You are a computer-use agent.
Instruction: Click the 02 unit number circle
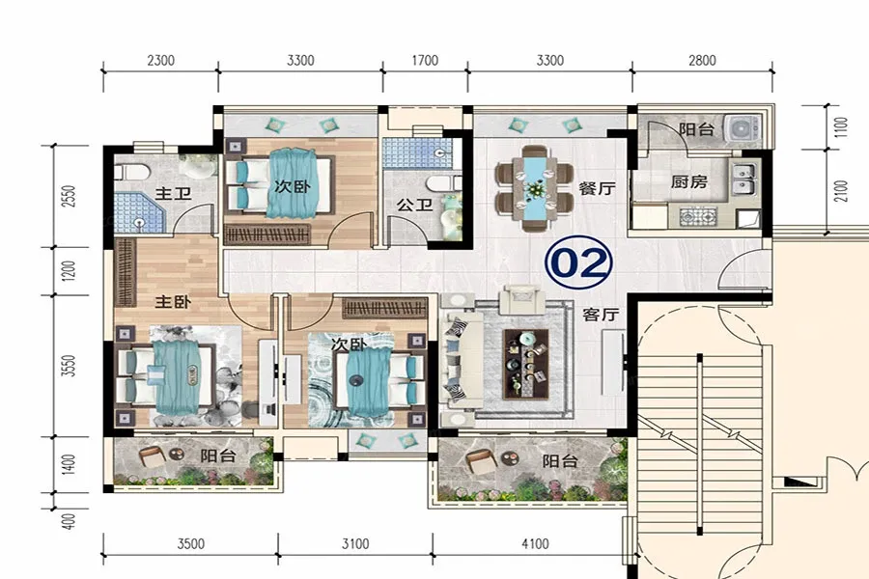(x=578, y=263)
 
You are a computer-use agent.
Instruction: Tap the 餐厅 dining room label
(x=597, y=188)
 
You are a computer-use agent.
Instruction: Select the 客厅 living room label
(x=601, y=315)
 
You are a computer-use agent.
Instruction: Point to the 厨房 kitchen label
(x=688, y=181)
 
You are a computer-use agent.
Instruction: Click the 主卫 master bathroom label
(x=173, y=193)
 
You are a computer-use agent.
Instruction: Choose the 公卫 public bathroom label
(x=414, y=205)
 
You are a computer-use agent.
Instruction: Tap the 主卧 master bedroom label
(x=173, y=302)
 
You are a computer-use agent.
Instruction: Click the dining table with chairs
(x=535, y=188)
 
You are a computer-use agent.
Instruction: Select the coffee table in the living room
(x=525, y=364)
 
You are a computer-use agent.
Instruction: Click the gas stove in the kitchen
(x=698, y=216)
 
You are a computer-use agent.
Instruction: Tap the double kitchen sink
(x=743, y=179)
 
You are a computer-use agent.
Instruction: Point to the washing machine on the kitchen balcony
(x=743, y=129)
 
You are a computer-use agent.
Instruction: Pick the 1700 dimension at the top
(x=425, y=60)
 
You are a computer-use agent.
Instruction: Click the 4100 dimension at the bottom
(x=535, y=543)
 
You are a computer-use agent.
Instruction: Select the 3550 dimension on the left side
(x=68, y=366)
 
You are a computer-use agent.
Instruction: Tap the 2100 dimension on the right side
(x=841, y=191)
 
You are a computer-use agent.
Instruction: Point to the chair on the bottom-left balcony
(x=152, y=456)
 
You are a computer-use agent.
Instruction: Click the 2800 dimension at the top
(x=702, y=60)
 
